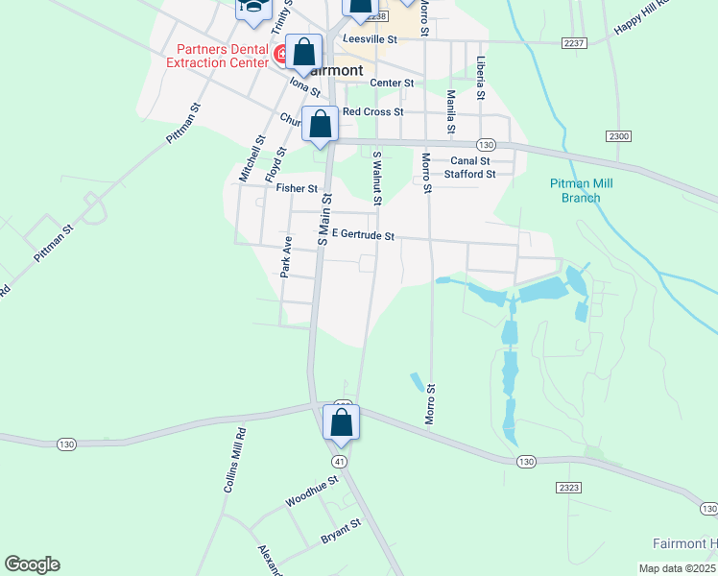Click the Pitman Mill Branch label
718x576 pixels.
click(582, 191)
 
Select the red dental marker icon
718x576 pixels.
click(283, 54)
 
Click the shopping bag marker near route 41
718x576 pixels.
click(341, 422)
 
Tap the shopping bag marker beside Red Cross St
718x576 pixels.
click(321, 124)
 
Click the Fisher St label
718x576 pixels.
click(297, 189)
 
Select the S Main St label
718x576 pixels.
click(323, 220)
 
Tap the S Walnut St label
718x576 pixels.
click(377, 178)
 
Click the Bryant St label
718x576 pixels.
click(341, 531)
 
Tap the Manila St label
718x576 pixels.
click(449, 112)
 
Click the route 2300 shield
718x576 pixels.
click(619, 136)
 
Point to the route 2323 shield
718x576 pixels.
click(568, 489)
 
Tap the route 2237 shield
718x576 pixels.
click(573, 43)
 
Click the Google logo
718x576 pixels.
click(32, 564)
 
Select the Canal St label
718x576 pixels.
click(470, 161)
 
